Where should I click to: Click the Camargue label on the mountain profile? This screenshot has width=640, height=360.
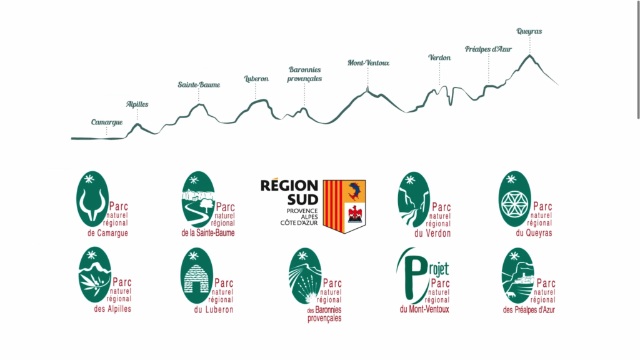[x=107, y=122]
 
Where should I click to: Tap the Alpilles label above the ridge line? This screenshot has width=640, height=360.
[x=137, y=104]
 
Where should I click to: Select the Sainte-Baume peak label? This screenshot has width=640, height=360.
[x=199, y=84]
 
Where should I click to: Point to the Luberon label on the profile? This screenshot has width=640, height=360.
[x=256, y=79]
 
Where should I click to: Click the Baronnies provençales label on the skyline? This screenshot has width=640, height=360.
[x=305, y=74]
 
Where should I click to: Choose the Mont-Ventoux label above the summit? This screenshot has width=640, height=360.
[x=369, y=62]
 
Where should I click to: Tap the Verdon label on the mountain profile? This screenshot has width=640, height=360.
[x=439, y=57]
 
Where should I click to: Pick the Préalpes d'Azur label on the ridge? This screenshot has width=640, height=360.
[x=488, y=49]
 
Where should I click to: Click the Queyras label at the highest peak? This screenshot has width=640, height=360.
[x=529, y=31]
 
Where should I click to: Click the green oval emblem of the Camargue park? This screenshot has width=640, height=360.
[x=92, y=199]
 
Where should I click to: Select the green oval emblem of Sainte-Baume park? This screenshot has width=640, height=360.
[x=197, y=199]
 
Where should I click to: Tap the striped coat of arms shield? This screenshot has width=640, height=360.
[x=344, y=206]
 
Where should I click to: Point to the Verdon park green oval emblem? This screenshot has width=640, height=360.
[x=413, y=199]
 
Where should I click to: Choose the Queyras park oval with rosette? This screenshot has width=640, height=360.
[x=514, y=199]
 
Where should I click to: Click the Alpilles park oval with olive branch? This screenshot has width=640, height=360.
[x=94, y=274]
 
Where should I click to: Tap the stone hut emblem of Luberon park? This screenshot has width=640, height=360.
[x=197, y=275]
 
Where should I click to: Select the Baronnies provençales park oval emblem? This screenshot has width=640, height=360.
[x=305, y=276]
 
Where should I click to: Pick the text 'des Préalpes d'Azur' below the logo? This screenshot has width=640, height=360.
[x=529, y=309]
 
